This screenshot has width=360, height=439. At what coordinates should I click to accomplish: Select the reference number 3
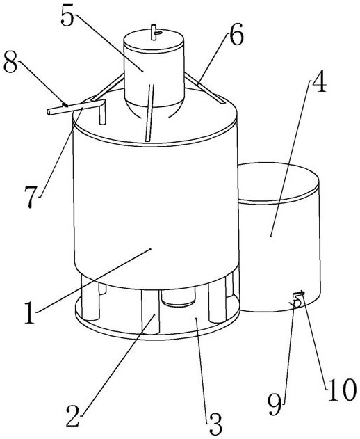point(215,423)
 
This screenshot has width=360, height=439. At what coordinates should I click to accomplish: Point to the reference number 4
point(319,83)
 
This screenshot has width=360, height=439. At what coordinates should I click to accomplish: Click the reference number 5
point(67,15)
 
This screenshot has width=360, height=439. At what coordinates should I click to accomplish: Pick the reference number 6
point(236,34)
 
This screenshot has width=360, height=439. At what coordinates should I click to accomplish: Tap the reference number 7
point(31,197)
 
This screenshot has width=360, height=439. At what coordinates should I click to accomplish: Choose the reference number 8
point(11,62)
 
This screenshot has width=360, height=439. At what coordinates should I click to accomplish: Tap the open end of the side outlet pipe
point(49,112)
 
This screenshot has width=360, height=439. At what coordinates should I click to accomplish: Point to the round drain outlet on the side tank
point(297,303)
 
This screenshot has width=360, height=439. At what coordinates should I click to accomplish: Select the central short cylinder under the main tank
point(178,297)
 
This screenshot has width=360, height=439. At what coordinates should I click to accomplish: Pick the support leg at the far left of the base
point(90,298)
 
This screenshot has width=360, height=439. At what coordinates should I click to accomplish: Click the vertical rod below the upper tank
point(149,113)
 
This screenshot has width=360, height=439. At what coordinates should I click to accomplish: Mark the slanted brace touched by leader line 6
point(204,88)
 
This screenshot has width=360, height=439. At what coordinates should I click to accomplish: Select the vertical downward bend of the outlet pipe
point(103,113)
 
